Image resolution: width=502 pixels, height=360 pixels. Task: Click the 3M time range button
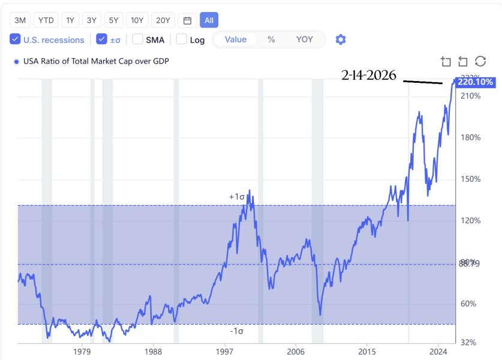tap(20, 20)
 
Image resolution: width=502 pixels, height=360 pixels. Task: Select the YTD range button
tap(46, 20)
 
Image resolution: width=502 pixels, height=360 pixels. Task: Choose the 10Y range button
tap(137, 20)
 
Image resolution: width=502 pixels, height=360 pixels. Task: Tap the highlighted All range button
tap(209, 20)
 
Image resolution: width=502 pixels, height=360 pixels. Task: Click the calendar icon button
tap(187, 20)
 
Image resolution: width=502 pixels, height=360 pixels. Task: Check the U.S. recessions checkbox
tap(16, 40)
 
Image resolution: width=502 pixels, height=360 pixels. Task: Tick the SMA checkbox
tap(138, 40)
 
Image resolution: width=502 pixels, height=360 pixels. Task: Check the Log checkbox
tap(182, 40)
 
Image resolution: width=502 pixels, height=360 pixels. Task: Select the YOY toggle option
tap(304, 40)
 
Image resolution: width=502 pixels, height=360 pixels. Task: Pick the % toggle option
tap(271, 40)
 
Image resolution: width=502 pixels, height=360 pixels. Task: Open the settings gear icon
tap(341, 40)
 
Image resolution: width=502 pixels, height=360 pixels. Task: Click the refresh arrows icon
tap(480, 61)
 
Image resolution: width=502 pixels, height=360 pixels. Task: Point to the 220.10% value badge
tap(475, 82)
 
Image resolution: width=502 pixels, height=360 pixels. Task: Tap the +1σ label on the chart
tap(237, 197)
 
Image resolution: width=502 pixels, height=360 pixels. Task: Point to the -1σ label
tap(237, 331)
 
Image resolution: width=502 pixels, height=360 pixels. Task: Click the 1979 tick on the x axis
tap(82, 351)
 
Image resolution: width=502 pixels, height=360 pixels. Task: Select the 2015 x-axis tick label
tap(367, 351)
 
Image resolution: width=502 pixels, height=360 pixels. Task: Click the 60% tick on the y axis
tap(469, 304)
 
